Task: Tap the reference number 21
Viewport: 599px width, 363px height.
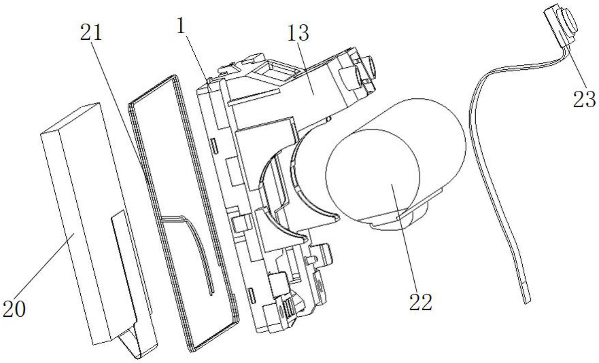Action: (91, 32)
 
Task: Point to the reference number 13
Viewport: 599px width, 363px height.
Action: (298, 33)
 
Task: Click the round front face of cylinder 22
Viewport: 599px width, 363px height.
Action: (373, 174)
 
